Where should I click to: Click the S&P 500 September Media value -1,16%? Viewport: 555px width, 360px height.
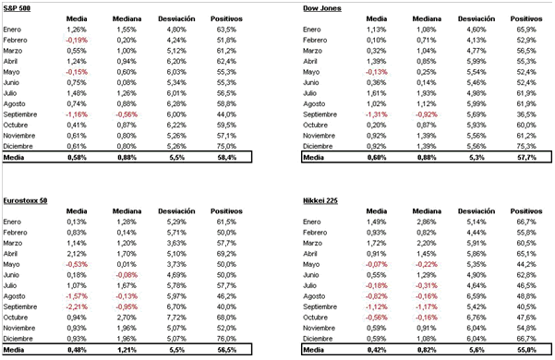pyautogui.click(x=76, y=114)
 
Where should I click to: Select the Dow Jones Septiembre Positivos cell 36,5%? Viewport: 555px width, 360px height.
pyautogui.click(x=527, y=114)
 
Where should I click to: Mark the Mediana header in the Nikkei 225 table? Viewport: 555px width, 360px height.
pyautogui.click(x=427, y=209)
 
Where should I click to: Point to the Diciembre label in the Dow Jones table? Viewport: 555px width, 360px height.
pyautogui.click(x=320, y=145)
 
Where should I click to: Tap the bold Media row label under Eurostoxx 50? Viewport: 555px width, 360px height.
pyautogui.click(x=16, y=349)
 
